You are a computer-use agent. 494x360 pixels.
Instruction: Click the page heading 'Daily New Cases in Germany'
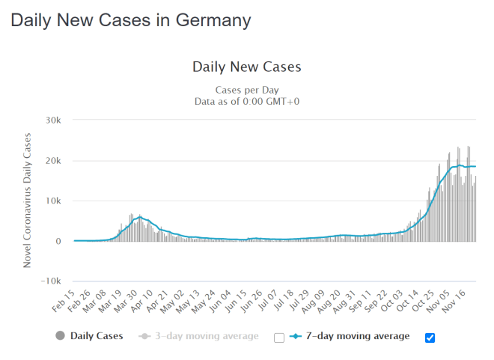point(130,20)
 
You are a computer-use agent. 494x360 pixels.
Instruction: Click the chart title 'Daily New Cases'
point(246,67)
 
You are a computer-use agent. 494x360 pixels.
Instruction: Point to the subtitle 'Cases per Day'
point(246,89)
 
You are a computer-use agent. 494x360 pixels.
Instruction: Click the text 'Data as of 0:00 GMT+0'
point(246,101)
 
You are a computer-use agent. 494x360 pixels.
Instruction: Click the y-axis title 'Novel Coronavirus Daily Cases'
point(28,201)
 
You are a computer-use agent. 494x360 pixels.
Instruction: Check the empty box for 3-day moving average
point(279,338)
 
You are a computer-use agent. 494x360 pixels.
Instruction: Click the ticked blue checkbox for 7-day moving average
point(429,338)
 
